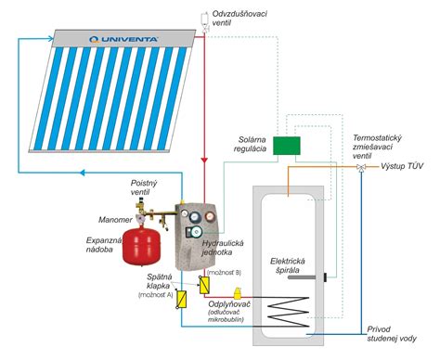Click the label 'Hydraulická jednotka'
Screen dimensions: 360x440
click(x=225, y=247)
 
